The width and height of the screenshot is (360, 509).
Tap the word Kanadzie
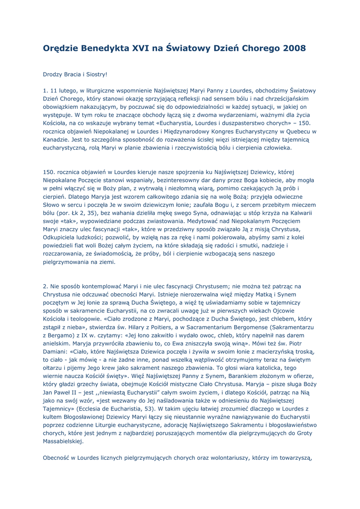tap(57, 139)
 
